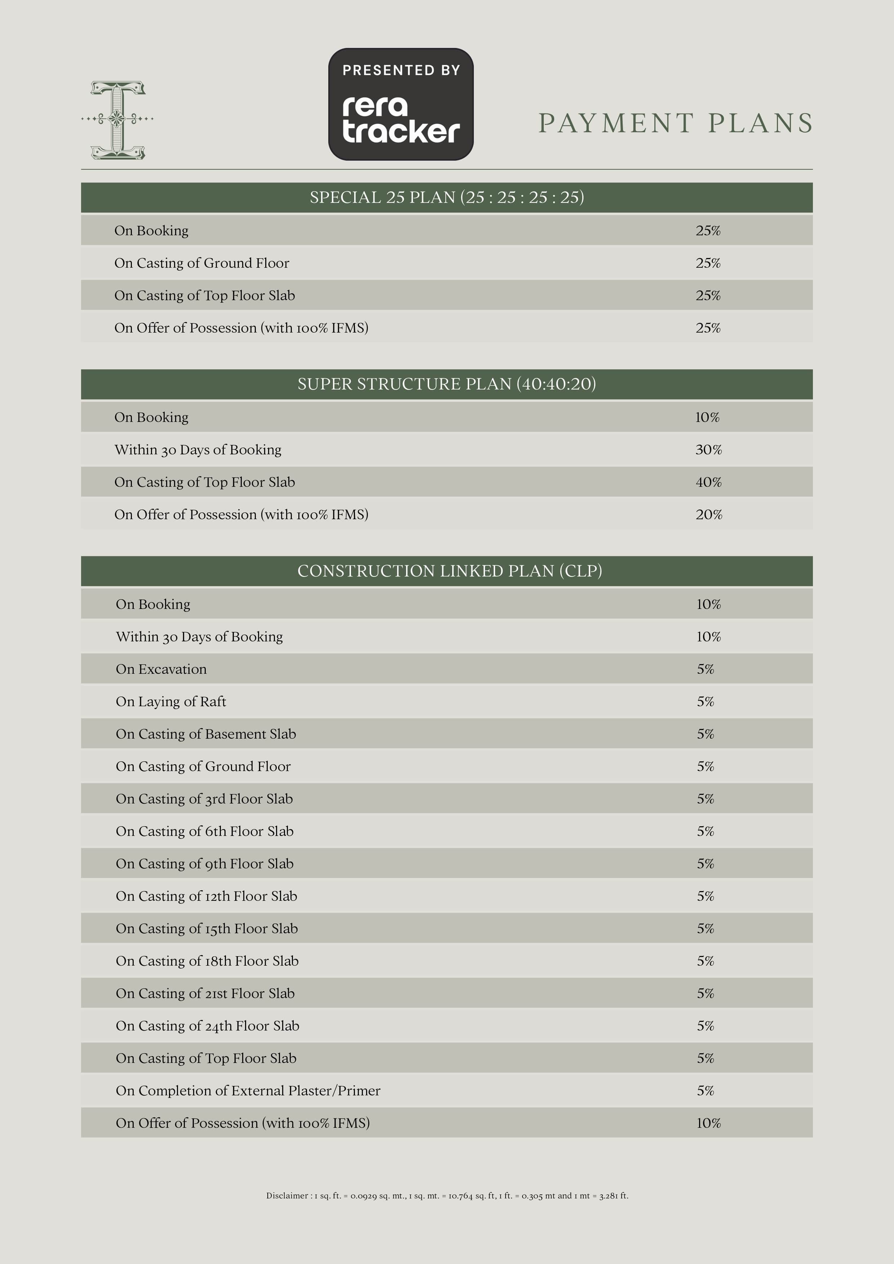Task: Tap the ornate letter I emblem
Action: (117, 120)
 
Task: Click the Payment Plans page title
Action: (675, 123)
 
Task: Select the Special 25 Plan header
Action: (446, 197)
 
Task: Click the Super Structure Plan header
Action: (446, 384)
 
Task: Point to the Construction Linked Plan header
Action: (449, 571)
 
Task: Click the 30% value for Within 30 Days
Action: (708, 450)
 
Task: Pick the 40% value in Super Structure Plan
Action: (708, 482)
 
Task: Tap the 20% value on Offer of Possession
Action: (708, 515)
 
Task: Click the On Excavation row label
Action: (161, 669)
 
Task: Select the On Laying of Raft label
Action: (171, 702)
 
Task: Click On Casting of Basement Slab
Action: (206, 734)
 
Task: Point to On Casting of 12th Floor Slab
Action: (206, 896)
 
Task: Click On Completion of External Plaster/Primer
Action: (248, 1091)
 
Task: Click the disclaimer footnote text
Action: (447, 1196)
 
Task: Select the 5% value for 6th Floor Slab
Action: (705, 831)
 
